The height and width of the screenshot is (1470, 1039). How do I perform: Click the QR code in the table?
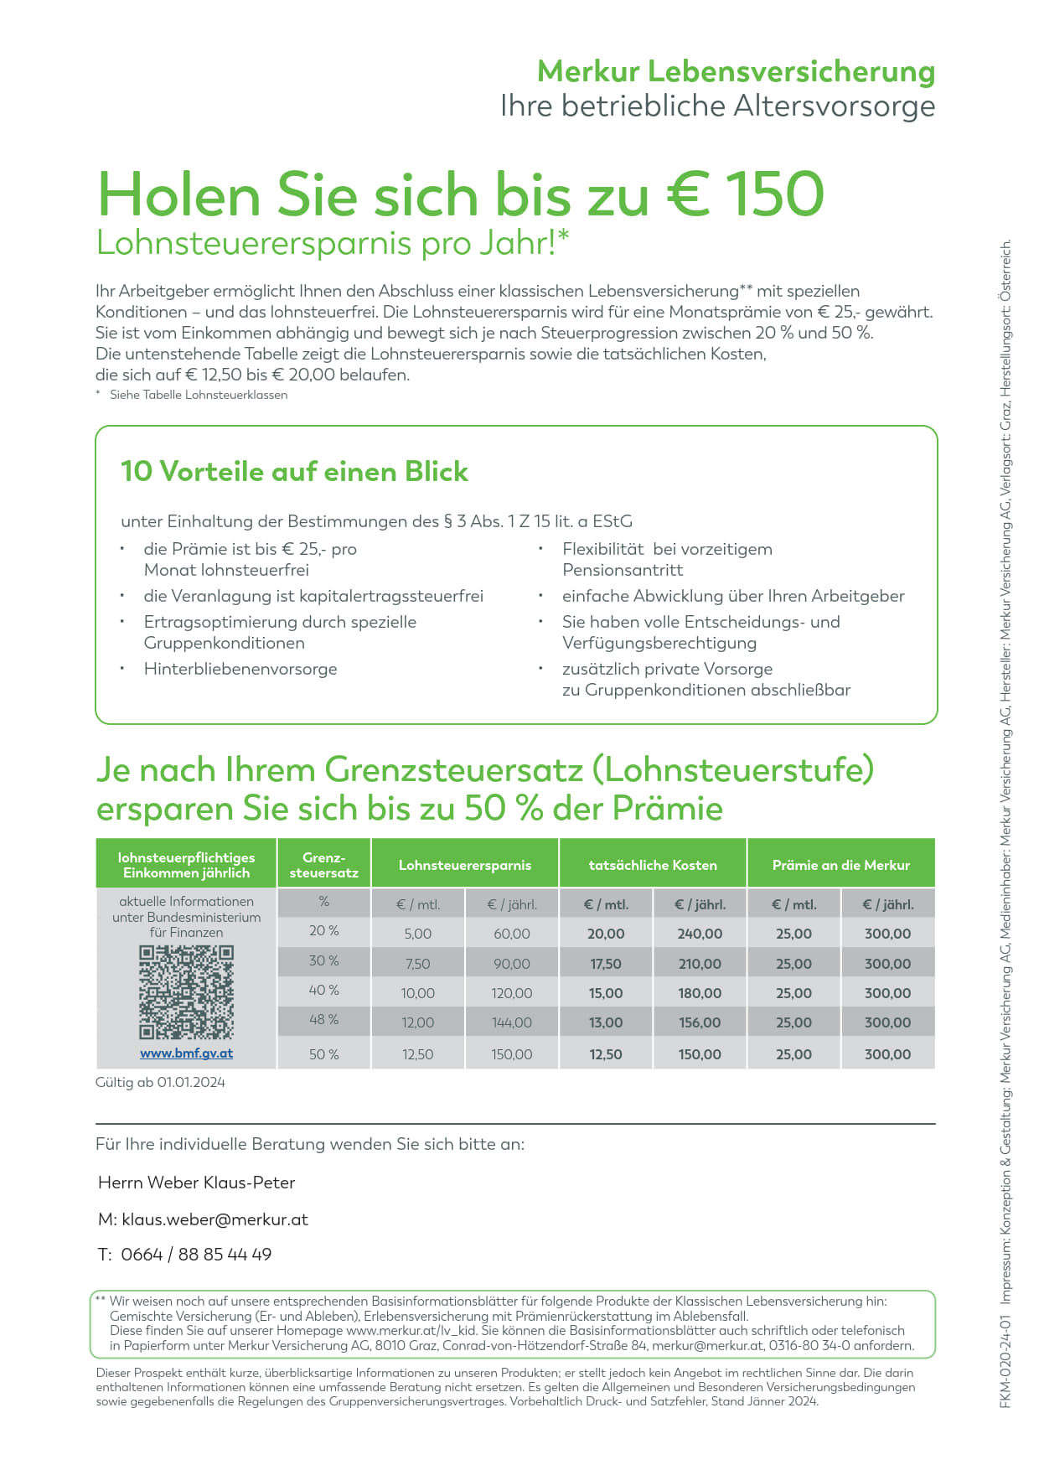(186, 992)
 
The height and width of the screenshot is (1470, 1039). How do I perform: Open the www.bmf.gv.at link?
(186, 1053)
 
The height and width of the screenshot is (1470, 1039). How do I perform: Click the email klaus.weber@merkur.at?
(215, 1219)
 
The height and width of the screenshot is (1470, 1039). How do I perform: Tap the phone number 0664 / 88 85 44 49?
(196, 1255)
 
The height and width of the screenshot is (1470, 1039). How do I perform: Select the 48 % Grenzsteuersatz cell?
(323, 1020)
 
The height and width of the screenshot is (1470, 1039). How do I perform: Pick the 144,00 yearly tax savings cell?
(511, 1022)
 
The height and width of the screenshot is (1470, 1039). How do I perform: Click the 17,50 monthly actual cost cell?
(605, 964)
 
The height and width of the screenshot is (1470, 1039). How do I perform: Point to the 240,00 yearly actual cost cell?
(700, 934)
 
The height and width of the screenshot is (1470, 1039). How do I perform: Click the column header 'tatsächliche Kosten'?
(653, 865)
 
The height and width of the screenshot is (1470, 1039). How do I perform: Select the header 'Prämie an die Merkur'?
(840, 865)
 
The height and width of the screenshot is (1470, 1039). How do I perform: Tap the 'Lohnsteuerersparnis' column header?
(465, 865)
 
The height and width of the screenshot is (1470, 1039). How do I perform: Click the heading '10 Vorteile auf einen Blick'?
(294, 472)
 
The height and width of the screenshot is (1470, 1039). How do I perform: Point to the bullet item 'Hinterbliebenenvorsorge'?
(240, 669)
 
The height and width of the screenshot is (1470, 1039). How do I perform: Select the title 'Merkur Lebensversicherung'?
(736, 71)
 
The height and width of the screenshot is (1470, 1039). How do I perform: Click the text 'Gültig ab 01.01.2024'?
(160, 1082)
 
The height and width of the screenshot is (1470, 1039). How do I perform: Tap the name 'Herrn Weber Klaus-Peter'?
(196, 1183)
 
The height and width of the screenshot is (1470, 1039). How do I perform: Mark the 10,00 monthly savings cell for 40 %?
(417, 993)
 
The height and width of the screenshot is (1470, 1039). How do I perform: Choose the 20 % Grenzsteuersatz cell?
(323, 931)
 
